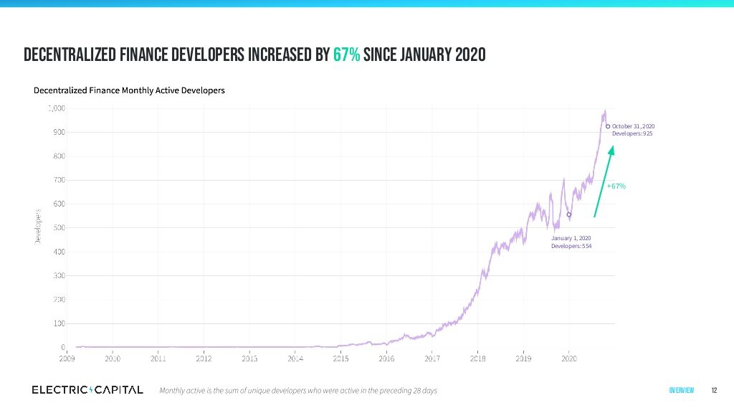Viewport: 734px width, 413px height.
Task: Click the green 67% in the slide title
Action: [x=346, y=55]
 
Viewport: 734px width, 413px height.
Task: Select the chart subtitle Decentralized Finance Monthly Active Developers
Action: [x=129, y=91]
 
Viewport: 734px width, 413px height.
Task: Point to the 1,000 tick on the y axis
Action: [x=57, y=108]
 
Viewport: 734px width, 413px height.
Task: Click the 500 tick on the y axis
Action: [x=59, y=228]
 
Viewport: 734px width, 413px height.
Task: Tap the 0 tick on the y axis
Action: [x=64, y=348]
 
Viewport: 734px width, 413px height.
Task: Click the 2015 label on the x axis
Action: [x=340, y=358]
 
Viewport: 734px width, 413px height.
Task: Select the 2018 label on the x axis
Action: [x=477, y=358]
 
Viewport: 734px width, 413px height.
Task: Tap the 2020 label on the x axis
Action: [x=569, y=358]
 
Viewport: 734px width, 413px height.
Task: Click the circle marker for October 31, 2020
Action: [x=608, y=126]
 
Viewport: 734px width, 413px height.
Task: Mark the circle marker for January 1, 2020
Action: [x=569, y=214]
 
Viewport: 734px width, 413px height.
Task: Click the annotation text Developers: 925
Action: [x=632, y=134]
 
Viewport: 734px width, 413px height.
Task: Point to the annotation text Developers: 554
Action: [x=571, y=246]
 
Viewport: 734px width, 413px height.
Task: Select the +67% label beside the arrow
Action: [x=616, y=186]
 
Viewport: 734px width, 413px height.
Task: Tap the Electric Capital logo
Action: [x=87, y=390]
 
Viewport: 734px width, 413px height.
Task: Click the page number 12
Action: [x=714, y=391]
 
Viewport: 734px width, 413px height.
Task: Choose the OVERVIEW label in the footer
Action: [x=681, y=391]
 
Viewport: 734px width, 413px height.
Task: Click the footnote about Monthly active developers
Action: [x=297, y=391]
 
